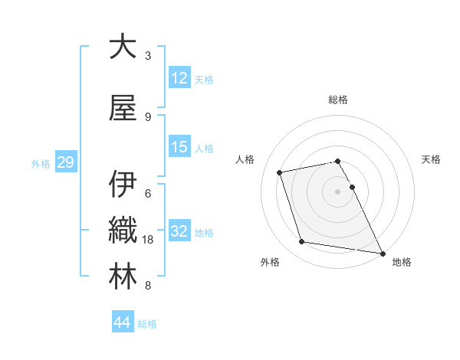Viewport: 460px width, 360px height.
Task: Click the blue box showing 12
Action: [x=179, y=79]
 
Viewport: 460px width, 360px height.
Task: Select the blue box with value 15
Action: [x=179, y=148]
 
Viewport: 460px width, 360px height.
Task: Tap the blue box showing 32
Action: [x=179, y=232]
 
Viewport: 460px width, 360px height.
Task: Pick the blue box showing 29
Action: [x=65, y=163]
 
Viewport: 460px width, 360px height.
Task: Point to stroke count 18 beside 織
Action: [x=149, y=241]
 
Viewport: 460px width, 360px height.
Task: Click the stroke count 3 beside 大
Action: [x=148, y=55]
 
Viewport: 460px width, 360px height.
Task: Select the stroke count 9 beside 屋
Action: [x=148, y=117]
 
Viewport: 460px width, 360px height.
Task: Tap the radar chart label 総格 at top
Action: [x=338, y=100]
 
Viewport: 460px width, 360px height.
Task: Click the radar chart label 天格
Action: [x=431, y=159]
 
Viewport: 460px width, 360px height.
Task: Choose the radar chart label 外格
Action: [x=270, y=263]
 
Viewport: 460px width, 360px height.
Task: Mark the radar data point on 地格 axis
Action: [x=382, y=252]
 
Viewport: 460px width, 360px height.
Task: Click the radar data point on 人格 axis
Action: [x=280, y=172]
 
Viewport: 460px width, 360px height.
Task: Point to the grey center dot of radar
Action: [x=338, y=191]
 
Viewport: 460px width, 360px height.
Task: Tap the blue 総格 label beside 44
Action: [x=147, y=324]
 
